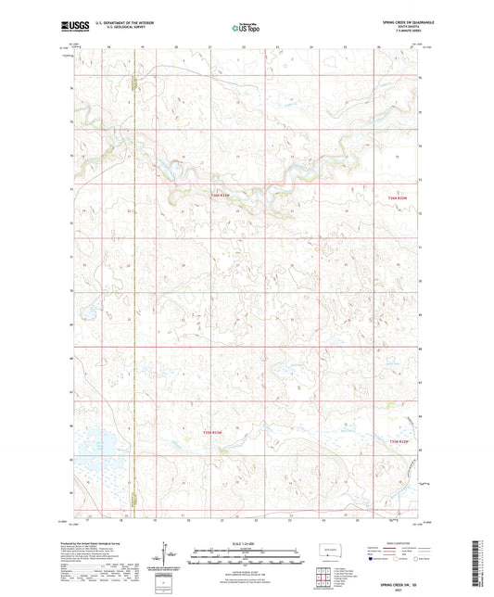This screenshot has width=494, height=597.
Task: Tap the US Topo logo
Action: coord(246,28)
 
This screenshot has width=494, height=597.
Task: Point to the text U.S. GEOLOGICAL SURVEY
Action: coord(114,28)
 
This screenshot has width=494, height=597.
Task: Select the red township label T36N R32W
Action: coord(396,196)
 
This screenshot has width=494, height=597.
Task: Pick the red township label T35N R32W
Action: coord(396,441)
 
